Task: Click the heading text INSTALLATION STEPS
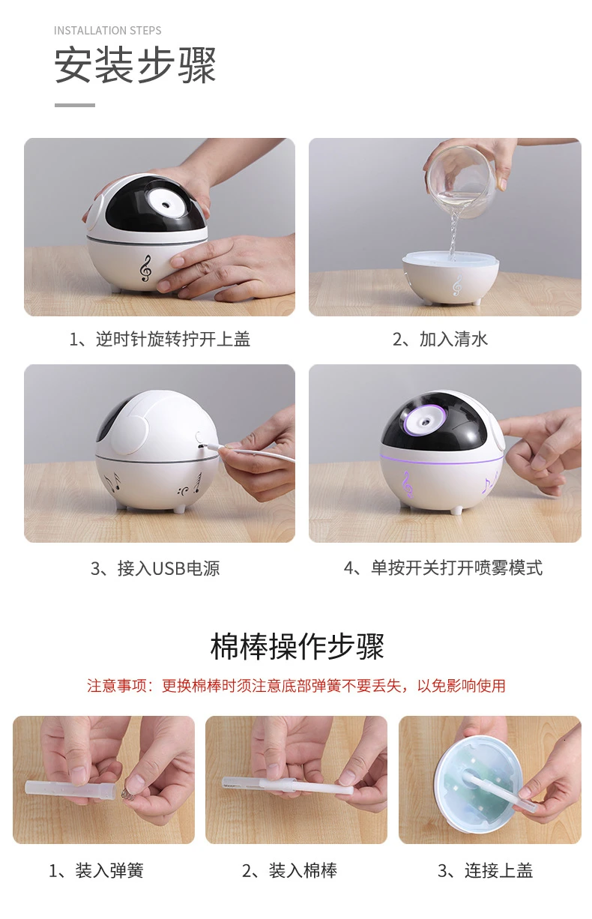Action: [x=107, y=31]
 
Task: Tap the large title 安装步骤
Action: [x=135, y=65]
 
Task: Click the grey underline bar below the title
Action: [x=75, y=105]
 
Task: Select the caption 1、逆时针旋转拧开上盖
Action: [x=159, y=340]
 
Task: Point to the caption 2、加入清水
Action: [x=440, y=340]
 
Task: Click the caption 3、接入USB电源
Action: [x=155, y=568]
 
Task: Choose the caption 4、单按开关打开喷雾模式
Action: [x=443, y=568]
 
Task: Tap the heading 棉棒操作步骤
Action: [x=297, y=646]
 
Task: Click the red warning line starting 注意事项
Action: [x=296, y=686]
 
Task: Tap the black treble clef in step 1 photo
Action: [x=145, y=268]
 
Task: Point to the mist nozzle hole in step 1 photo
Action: [x=166, y=203]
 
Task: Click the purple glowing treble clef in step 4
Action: [x=407, y=484]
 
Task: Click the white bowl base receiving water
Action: [x=450, y=277]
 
